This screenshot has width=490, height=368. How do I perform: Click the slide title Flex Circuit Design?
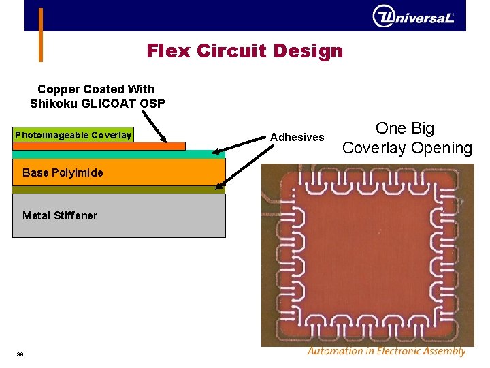pyautogui.click(x=244, y=51)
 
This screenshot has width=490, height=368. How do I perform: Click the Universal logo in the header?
pyautogui.click(x=413, y=16)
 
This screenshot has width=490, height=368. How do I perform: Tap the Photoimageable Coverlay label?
pyautogui.click(x=73, y=135)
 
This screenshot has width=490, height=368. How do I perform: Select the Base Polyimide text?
pyautogui.click(x=63, y=172)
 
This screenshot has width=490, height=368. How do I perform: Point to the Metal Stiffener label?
pyautogui.click(x=60, y=215)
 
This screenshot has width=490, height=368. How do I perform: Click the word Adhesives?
pyautogui.click(x=297, y=137)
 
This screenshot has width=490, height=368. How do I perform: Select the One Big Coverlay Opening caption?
pyautogui.click(x=406, y=138)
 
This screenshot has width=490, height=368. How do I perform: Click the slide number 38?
pyautogui.click(x=20, y=353)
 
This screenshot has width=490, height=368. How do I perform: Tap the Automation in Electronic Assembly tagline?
pyautogui.click(x=386, y=352)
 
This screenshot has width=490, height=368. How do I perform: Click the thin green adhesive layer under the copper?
pyautogui.click(x=118, y=154)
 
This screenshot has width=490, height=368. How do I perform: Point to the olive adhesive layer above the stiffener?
pyautogui.click(x=118, y=190)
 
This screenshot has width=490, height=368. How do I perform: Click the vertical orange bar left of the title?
pyautogui.click(x=40, y=35)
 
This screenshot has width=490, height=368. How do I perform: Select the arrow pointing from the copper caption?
pyautogui.click(x=155, y=127)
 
